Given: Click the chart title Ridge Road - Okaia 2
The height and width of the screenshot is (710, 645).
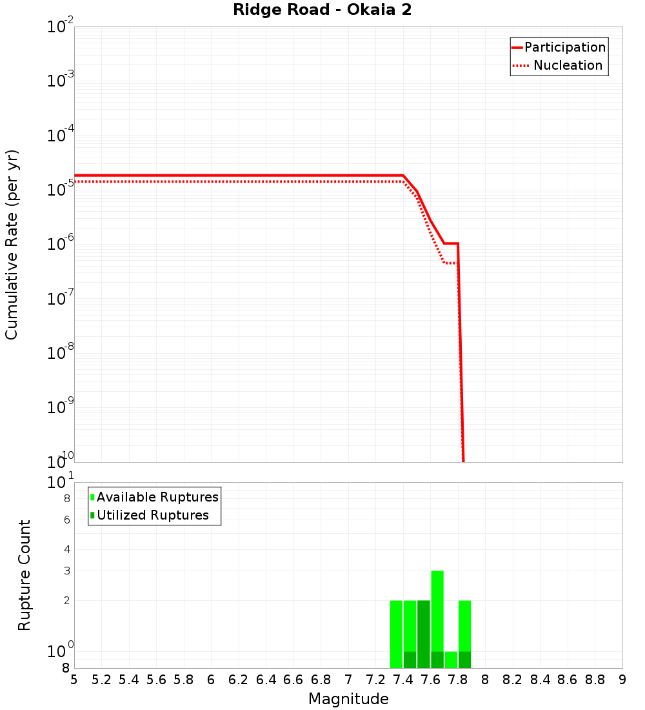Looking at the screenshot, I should click(x=322, y=10).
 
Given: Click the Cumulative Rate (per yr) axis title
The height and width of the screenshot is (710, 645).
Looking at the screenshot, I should click(x=12, y=244).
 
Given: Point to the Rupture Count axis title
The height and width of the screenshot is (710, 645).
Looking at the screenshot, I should click(x=25, y=574).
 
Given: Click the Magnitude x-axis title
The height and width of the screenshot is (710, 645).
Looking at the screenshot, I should click(x=348, y=699).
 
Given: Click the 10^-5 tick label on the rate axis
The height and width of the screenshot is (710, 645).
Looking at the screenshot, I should click(x=61, y=190).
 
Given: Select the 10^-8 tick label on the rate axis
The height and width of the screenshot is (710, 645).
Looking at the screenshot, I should click(x=61, y=354).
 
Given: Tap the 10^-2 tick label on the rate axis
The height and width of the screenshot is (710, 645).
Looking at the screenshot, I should click(x=61, y=28).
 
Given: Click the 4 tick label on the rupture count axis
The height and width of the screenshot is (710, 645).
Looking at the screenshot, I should click(x=66, y=549).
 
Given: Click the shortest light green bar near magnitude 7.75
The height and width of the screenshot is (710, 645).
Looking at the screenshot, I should click(x=451, y=660).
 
